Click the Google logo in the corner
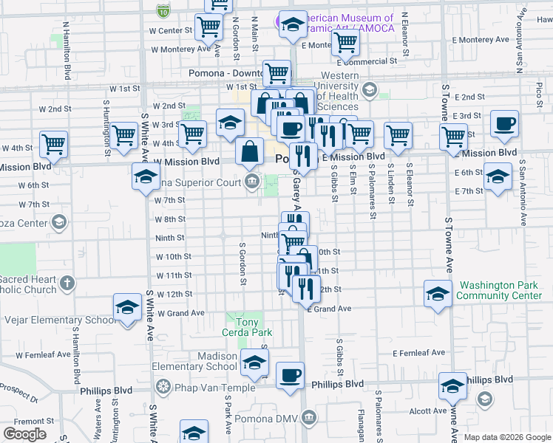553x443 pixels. [x=25, y=434]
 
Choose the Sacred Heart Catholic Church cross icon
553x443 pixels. [x=67, y=282]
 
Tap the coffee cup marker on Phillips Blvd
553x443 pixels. [x=290, y=376]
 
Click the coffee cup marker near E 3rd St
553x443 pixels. [x=504, y=124]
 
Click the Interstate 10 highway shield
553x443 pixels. [x=163, y=10]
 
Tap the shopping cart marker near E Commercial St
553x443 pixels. [x=345, y=43]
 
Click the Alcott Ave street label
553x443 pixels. [x=430, y=411]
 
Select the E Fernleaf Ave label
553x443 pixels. [x=420, y=354]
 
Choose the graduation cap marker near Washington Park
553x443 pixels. [x=438, y=294]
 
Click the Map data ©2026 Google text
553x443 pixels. [x=506, y=437]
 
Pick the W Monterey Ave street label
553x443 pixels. [x=181, y=49]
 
